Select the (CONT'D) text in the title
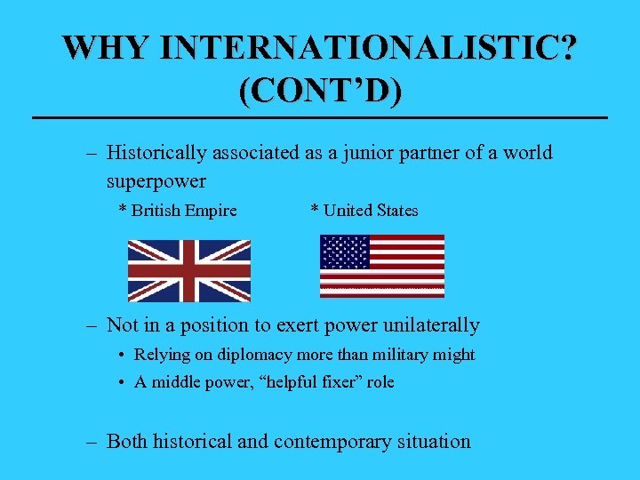pyautogui.click(x=320, y=91)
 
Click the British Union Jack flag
pyautogui.click(x=189, y=270)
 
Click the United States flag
pyautogui.click(x=382, y=266)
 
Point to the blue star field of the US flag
pyautogui.click(x=345, y=252)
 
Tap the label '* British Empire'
pyautogui.click(x=178, y=211)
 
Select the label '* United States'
pyautogui.click(x=364, y=211)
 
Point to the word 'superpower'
pyautogui.click(x=156, y=181)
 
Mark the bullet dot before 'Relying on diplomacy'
pyautogui.click(x=121, y=356)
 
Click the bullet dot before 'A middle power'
pyautogui.click(x=121, y=383)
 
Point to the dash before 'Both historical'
pyautogui.click(x=92, y=441)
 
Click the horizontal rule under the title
pyautogui.click(x=320, y=118)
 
